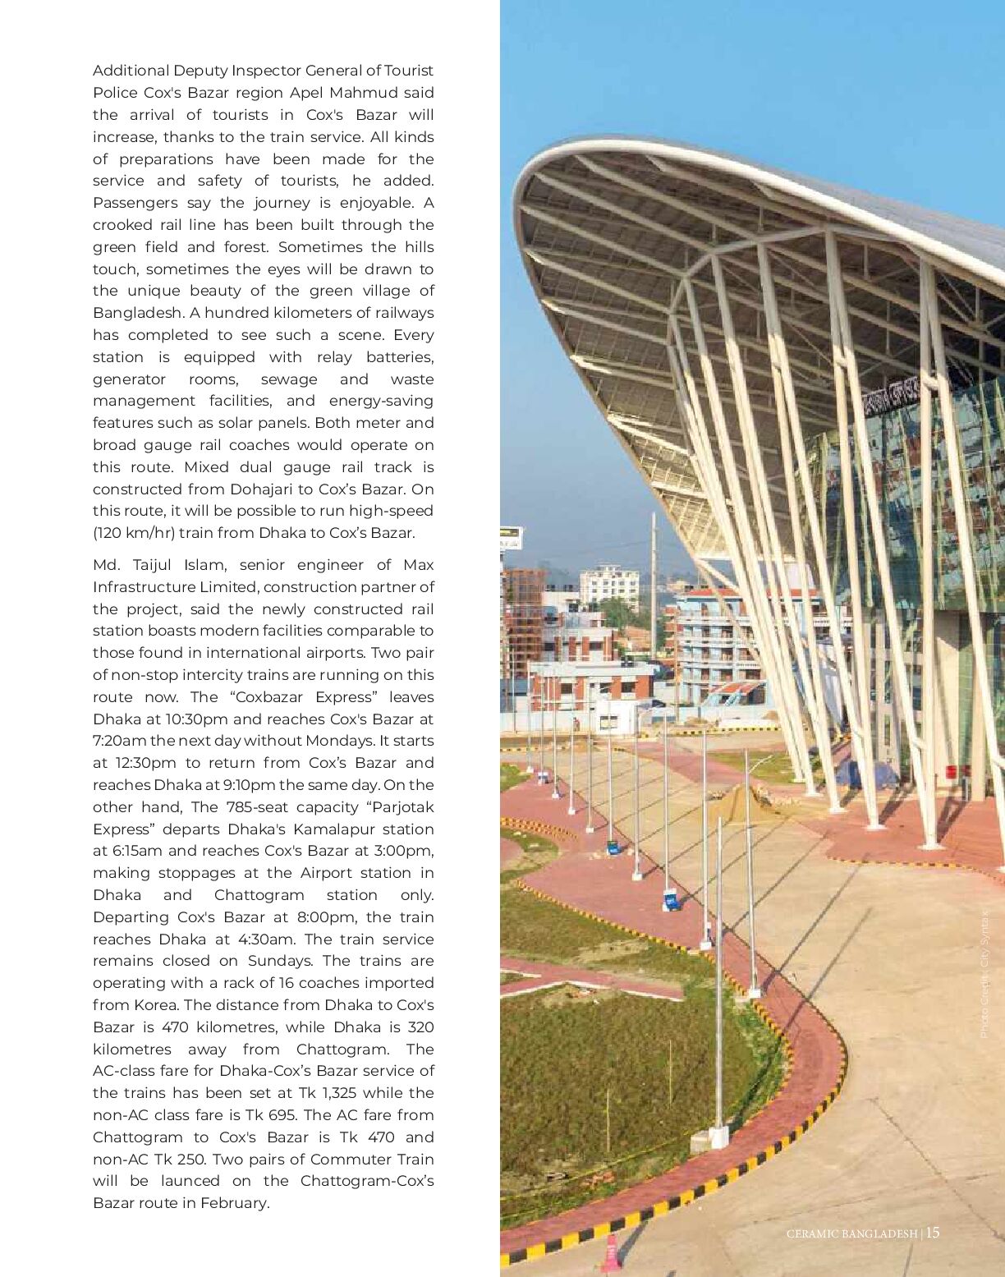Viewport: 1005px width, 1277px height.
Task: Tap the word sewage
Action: tap(289, 379)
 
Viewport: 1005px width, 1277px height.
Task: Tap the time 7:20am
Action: tap(120, 741)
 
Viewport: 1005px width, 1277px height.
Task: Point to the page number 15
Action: tap(934, 1233)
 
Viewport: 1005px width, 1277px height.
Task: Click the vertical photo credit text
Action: tap(984, 972)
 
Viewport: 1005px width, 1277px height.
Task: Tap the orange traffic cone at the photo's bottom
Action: tap(610, 1253)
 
